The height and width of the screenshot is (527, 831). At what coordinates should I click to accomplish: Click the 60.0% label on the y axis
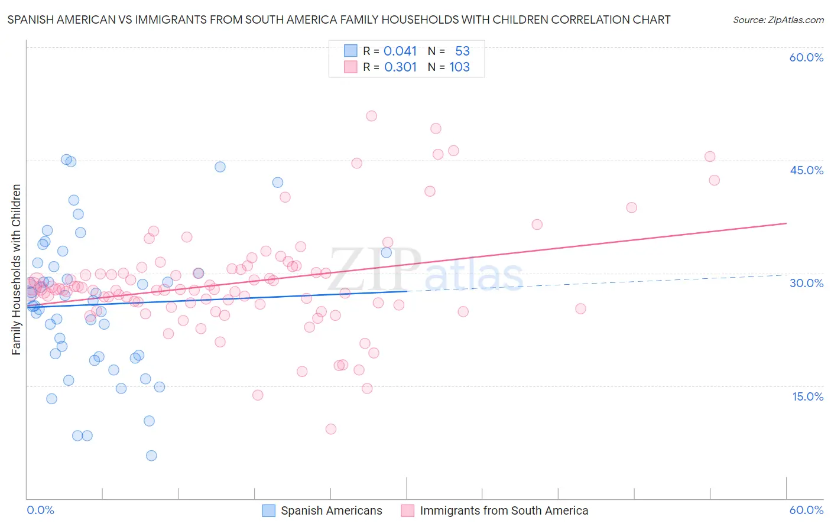click(806, 57)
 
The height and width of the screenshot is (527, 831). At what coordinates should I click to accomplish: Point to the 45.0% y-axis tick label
click(806, 170)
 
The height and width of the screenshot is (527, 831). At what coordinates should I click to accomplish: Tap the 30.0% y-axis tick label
click(806, 283)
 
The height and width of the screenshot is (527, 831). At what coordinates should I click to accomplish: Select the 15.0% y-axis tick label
click(807, 396)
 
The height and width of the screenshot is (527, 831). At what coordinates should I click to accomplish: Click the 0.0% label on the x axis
click(40, 510)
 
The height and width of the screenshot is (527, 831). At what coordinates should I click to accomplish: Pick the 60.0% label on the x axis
click(806, 510)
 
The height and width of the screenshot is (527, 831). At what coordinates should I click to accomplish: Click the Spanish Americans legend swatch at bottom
click(269, 510)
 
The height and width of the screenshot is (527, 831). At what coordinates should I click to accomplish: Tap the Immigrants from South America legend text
click(504, 510)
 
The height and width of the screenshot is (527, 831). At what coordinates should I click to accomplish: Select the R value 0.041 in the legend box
click(400, 51)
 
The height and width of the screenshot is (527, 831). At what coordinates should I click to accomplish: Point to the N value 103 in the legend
click(459, 67)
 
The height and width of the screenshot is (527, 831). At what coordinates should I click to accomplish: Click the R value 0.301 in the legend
click(400, 67)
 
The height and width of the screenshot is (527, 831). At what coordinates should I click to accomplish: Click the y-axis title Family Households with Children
click(17, 269)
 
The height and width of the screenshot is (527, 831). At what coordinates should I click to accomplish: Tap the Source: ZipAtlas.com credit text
click(778, 20)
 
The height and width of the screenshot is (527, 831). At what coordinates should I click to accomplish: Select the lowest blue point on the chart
click(151, 456)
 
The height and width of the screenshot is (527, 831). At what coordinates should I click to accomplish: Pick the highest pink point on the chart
click(371, 116)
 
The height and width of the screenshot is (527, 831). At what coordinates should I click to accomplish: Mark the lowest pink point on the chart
click(331, 429)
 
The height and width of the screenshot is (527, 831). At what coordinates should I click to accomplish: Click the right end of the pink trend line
click(786, 223)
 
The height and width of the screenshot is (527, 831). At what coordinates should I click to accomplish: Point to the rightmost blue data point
click(386, 252)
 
